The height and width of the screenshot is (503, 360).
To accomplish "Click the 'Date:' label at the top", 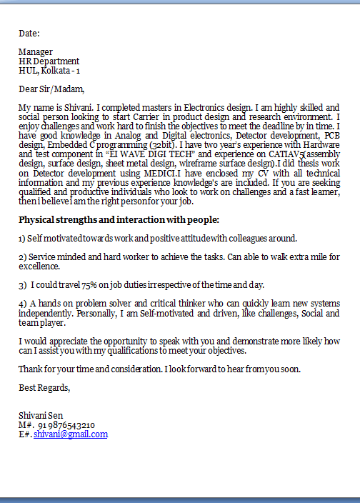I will tap(29, 33).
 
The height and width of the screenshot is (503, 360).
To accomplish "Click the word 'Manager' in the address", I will tap(36, 52).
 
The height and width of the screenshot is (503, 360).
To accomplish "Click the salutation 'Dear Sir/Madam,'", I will tap(51, 89).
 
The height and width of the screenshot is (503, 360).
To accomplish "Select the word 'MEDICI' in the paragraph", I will tap(156, 172).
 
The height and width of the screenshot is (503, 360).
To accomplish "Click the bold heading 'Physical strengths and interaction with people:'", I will tap(119, 219).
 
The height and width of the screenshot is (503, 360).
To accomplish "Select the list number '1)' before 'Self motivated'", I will tap(22, 238).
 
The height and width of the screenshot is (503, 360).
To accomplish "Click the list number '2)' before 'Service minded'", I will tap(23, 257).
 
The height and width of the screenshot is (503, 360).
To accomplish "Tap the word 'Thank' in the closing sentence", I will tap(31, 369).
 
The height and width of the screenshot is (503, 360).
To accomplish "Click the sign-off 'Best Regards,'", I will tap(44, 387).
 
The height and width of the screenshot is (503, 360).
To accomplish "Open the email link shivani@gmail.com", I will tap(71, 434).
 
